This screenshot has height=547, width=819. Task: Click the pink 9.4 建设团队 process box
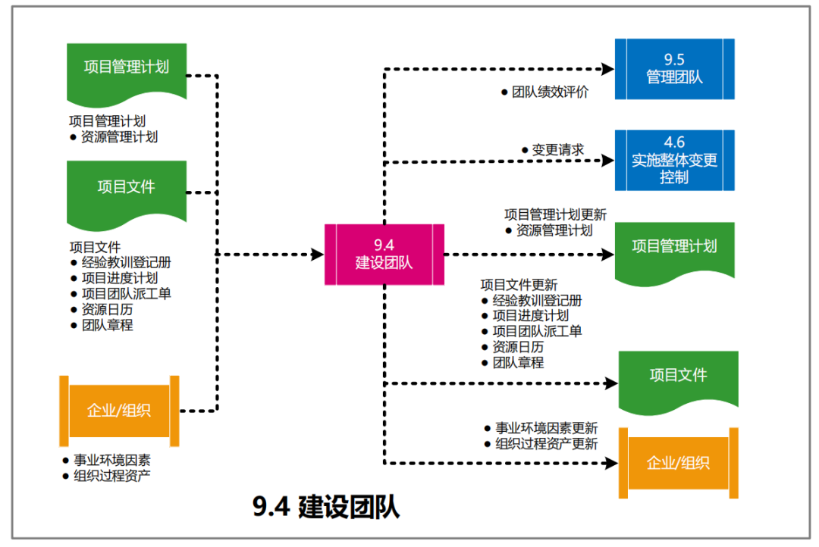384,255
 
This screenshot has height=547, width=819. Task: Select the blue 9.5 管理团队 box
674,69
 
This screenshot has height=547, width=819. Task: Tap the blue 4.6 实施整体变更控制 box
674,160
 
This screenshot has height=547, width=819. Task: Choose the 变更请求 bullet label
557,150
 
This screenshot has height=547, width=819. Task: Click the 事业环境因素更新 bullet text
546,427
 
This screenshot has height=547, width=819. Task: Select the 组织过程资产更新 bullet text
546,444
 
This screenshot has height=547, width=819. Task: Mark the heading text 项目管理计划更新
555,214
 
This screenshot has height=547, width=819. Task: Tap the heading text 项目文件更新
519,285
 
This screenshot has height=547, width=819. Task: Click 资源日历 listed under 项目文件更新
518,347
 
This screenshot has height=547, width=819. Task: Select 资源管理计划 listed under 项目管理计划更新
554,230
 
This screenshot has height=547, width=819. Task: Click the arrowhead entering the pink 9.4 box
318,254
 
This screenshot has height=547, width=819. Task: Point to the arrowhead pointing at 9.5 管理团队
607,69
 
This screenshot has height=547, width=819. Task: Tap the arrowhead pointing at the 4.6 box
607,160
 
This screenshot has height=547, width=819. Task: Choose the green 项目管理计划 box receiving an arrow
674,247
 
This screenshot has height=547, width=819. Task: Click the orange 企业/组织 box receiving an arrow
678,463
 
